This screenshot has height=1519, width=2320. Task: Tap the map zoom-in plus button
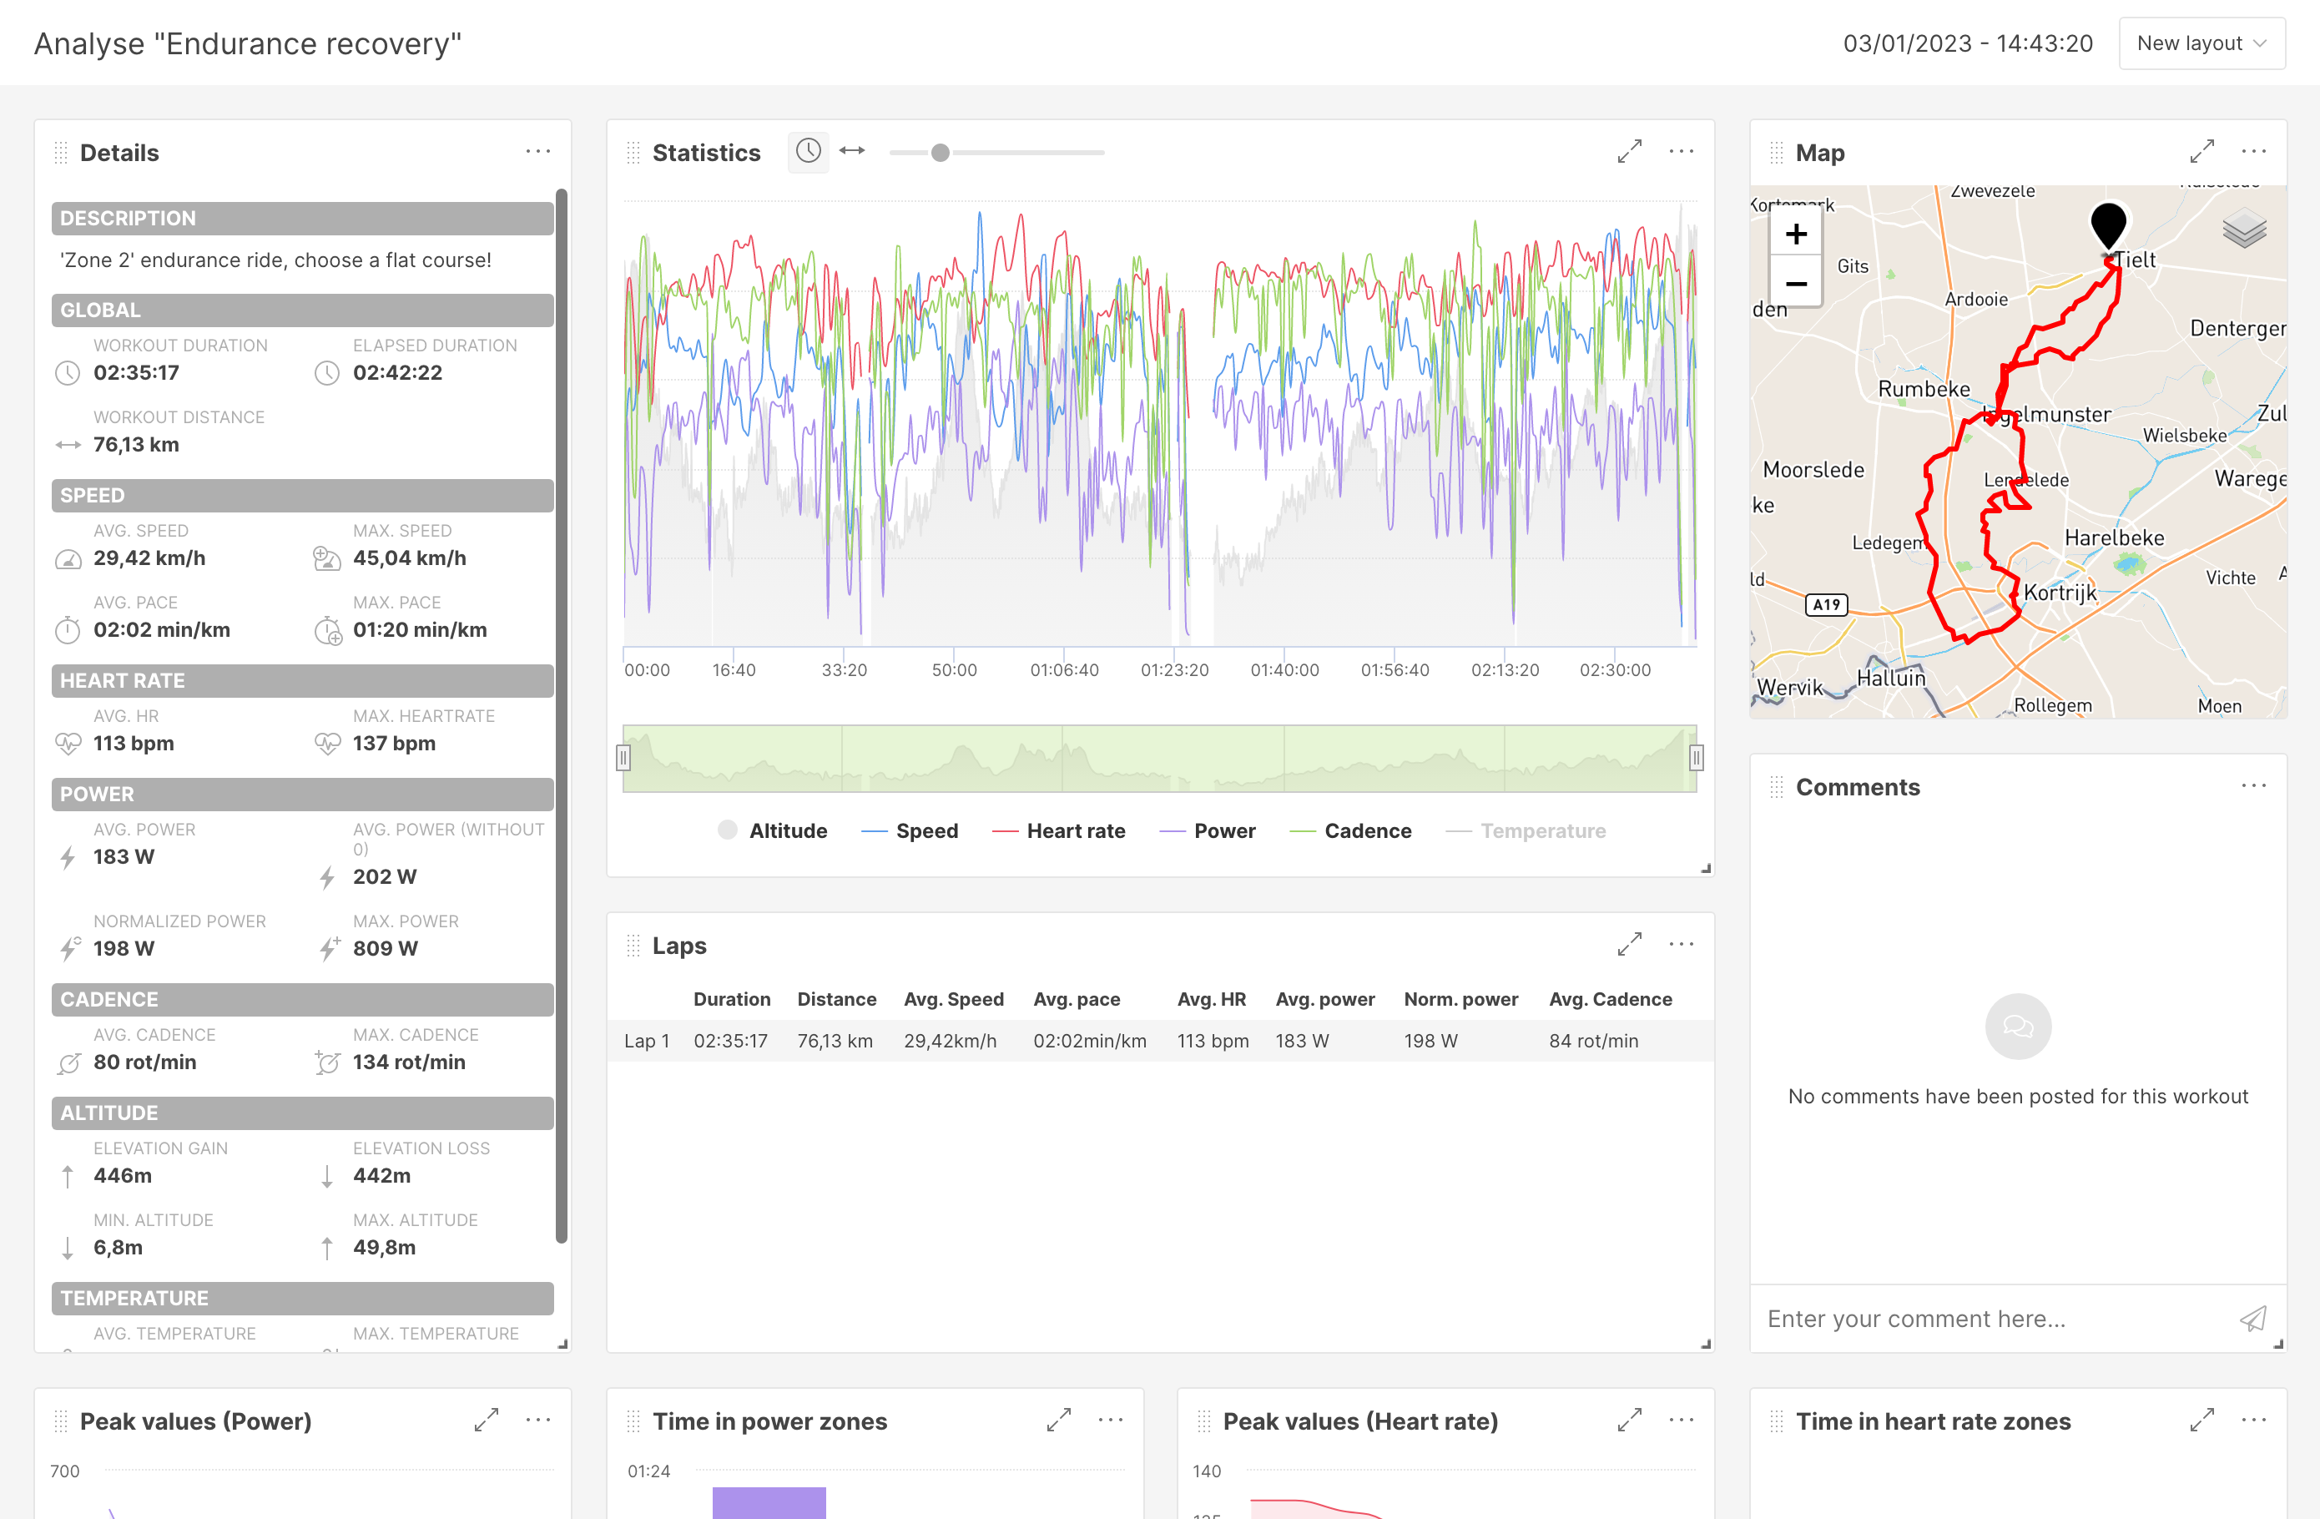click(1796, 234)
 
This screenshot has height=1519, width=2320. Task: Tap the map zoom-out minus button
click(1796, 284)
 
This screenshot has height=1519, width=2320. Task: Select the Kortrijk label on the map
click(2059, 593)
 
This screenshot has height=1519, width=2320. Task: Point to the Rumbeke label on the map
click(1924, 389)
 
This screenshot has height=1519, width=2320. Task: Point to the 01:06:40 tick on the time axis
click(1065, 670)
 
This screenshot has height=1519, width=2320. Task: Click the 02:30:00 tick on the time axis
click(1615, 670)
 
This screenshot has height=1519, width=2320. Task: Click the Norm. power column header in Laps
click(1460, 999)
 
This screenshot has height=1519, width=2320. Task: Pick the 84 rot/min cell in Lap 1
click(1593, 1042)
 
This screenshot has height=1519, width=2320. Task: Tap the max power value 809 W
click(385, 949)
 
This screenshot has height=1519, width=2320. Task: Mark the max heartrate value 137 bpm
click(394, 744)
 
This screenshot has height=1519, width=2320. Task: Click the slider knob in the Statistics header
click(940, 153)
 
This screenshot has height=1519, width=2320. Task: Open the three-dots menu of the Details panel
click(538, 152)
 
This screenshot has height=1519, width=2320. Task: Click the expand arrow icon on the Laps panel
click(1629, 945)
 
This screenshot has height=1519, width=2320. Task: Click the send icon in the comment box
click(2252, 1320)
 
